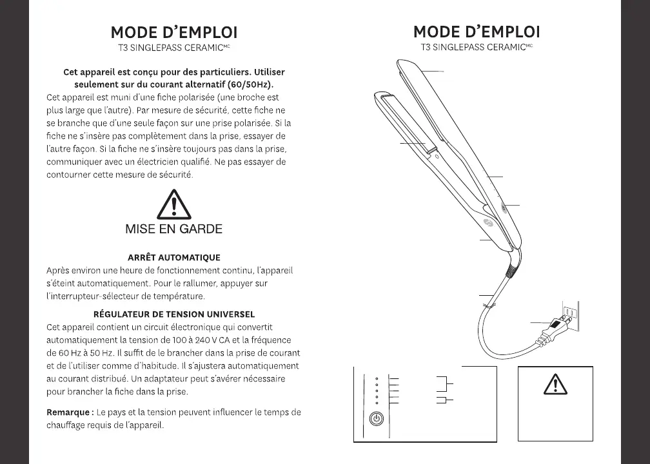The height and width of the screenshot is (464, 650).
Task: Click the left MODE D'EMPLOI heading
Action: click(x=174, y=32)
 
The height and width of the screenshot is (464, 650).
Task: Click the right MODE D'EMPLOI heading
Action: click(x=477, y=32)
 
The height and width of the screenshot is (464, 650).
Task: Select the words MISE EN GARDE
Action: click(x=173, y=229)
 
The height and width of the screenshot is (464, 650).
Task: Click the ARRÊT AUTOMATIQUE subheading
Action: click(x=174, y=258)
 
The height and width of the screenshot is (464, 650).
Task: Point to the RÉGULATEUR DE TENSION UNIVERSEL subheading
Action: click(x=174, y=314)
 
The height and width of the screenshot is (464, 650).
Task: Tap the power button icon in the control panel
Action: click(x=377, y=419)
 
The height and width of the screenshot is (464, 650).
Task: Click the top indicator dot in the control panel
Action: click(x=377, y=378)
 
